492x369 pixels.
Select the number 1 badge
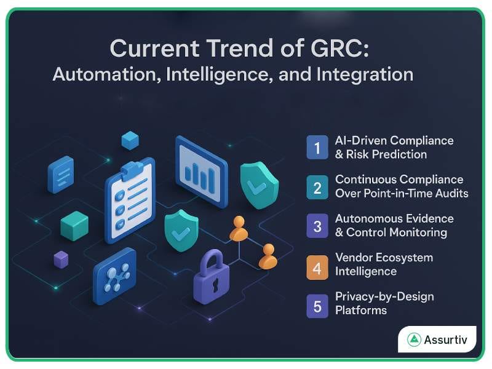pyautogui.click(x=317, y=148)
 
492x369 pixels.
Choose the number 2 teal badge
pyautogui.click(x=317, y=186)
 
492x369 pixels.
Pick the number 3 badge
pyautogui.click(x=317, y=226)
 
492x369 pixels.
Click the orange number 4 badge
pyautogui.click(x=317, y=265)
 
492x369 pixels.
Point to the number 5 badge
pyautogui.click(x=317, y=304)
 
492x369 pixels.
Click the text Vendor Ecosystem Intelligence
pyautogui.click(x=384, y=264)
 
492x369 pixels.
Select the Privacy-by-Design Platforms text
pyautogui.click(x=384, y=303)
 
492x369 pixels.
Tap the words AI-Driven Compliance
pyautogui.click(x=394, y=140)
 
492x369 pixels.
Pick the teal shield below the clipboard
pyautogui.click(x=181, y=230)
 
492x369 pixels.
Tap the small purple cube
pyautogui.click(x=61, y=259)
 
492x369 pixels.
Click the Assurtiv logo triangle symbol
pyautogui.click(x=414, y=339)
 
